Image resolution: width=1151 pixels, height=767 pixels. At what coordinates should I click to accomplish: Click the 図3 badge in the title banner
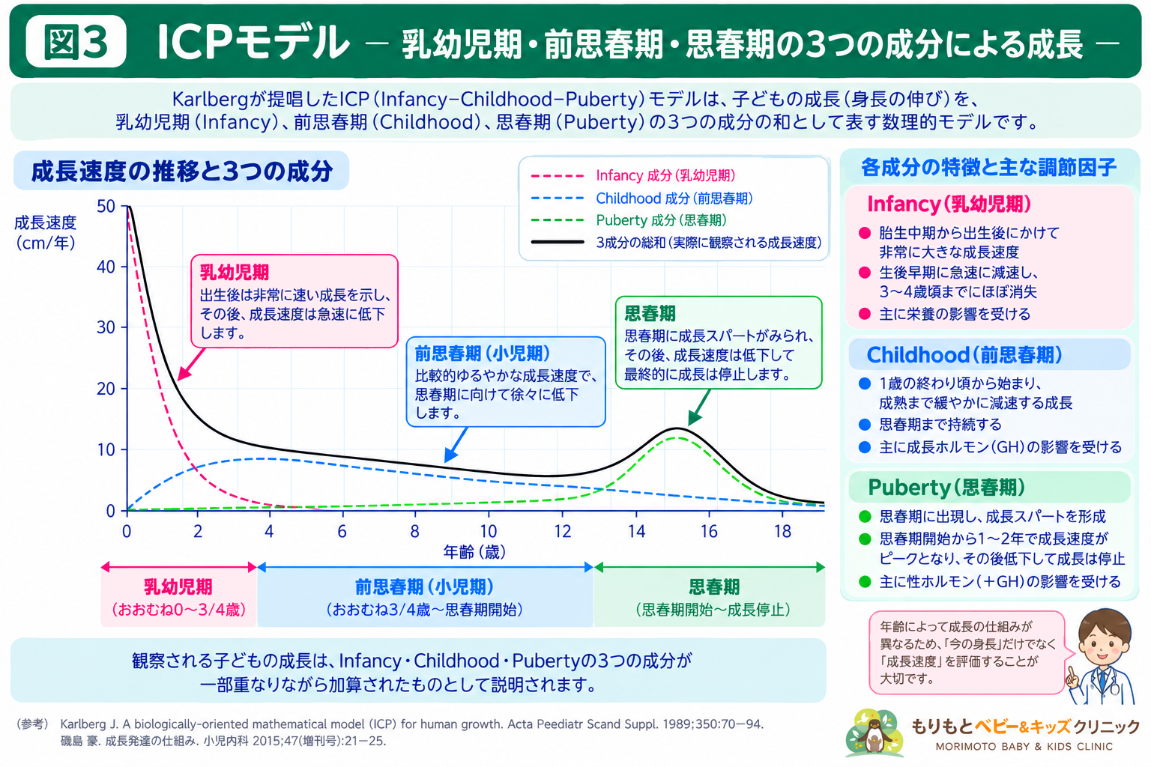76,41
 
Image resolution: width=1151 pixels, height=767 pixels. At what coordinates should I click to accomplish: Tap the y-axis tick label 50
106,207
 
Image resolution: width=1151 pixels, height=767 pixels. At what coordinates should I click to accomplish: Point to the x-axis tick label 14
636,531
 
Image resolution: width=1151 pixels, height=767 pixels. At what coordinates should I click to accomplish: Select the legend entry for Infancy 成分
632,176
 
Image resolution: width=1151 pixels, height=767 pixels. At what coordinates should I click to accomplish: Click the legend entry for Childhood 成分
641,198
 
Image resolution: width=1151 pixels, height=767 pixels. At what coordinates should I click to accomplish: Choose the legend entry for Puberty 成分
629,220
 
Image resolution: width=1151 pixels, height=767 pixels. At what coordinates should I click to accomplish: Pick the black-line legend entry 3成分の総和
676,243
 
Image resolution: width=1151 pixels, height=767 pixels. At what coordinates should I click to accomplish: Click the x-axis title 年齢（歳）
474,552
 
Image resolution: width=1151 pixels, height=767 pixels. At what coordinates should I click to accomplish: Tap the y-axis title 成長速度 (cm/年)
45,233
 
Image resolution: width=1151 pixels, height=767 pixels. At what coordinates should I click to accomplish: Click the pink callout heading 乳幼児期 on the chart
235,273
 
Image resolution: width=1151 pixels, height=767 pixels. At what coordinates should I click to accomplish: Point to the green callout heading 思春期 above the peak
650,313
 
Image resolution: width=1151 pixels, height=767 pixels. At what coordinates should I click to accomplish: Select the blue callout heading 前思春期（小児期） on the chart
483,354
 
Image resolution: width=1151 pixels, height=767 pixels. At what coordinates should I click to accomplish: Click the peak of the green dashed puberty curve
677,437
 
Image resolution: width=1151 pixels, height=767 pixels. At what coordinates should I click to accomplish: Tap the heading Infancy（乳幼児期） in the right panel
949,204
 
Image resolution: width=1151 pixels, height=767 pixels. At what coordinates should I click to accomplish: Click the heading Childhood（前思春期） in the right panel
964,355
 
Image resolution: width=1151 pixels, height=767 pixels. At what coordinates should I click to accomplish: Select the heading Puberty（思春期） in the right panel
946,487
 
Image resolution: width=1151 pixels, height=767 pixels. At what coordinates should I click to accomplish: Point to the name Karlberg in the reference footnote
84,724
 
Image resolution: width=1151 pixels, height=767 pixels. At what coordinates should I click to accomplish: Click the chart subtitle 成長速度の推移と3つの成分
182,171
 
